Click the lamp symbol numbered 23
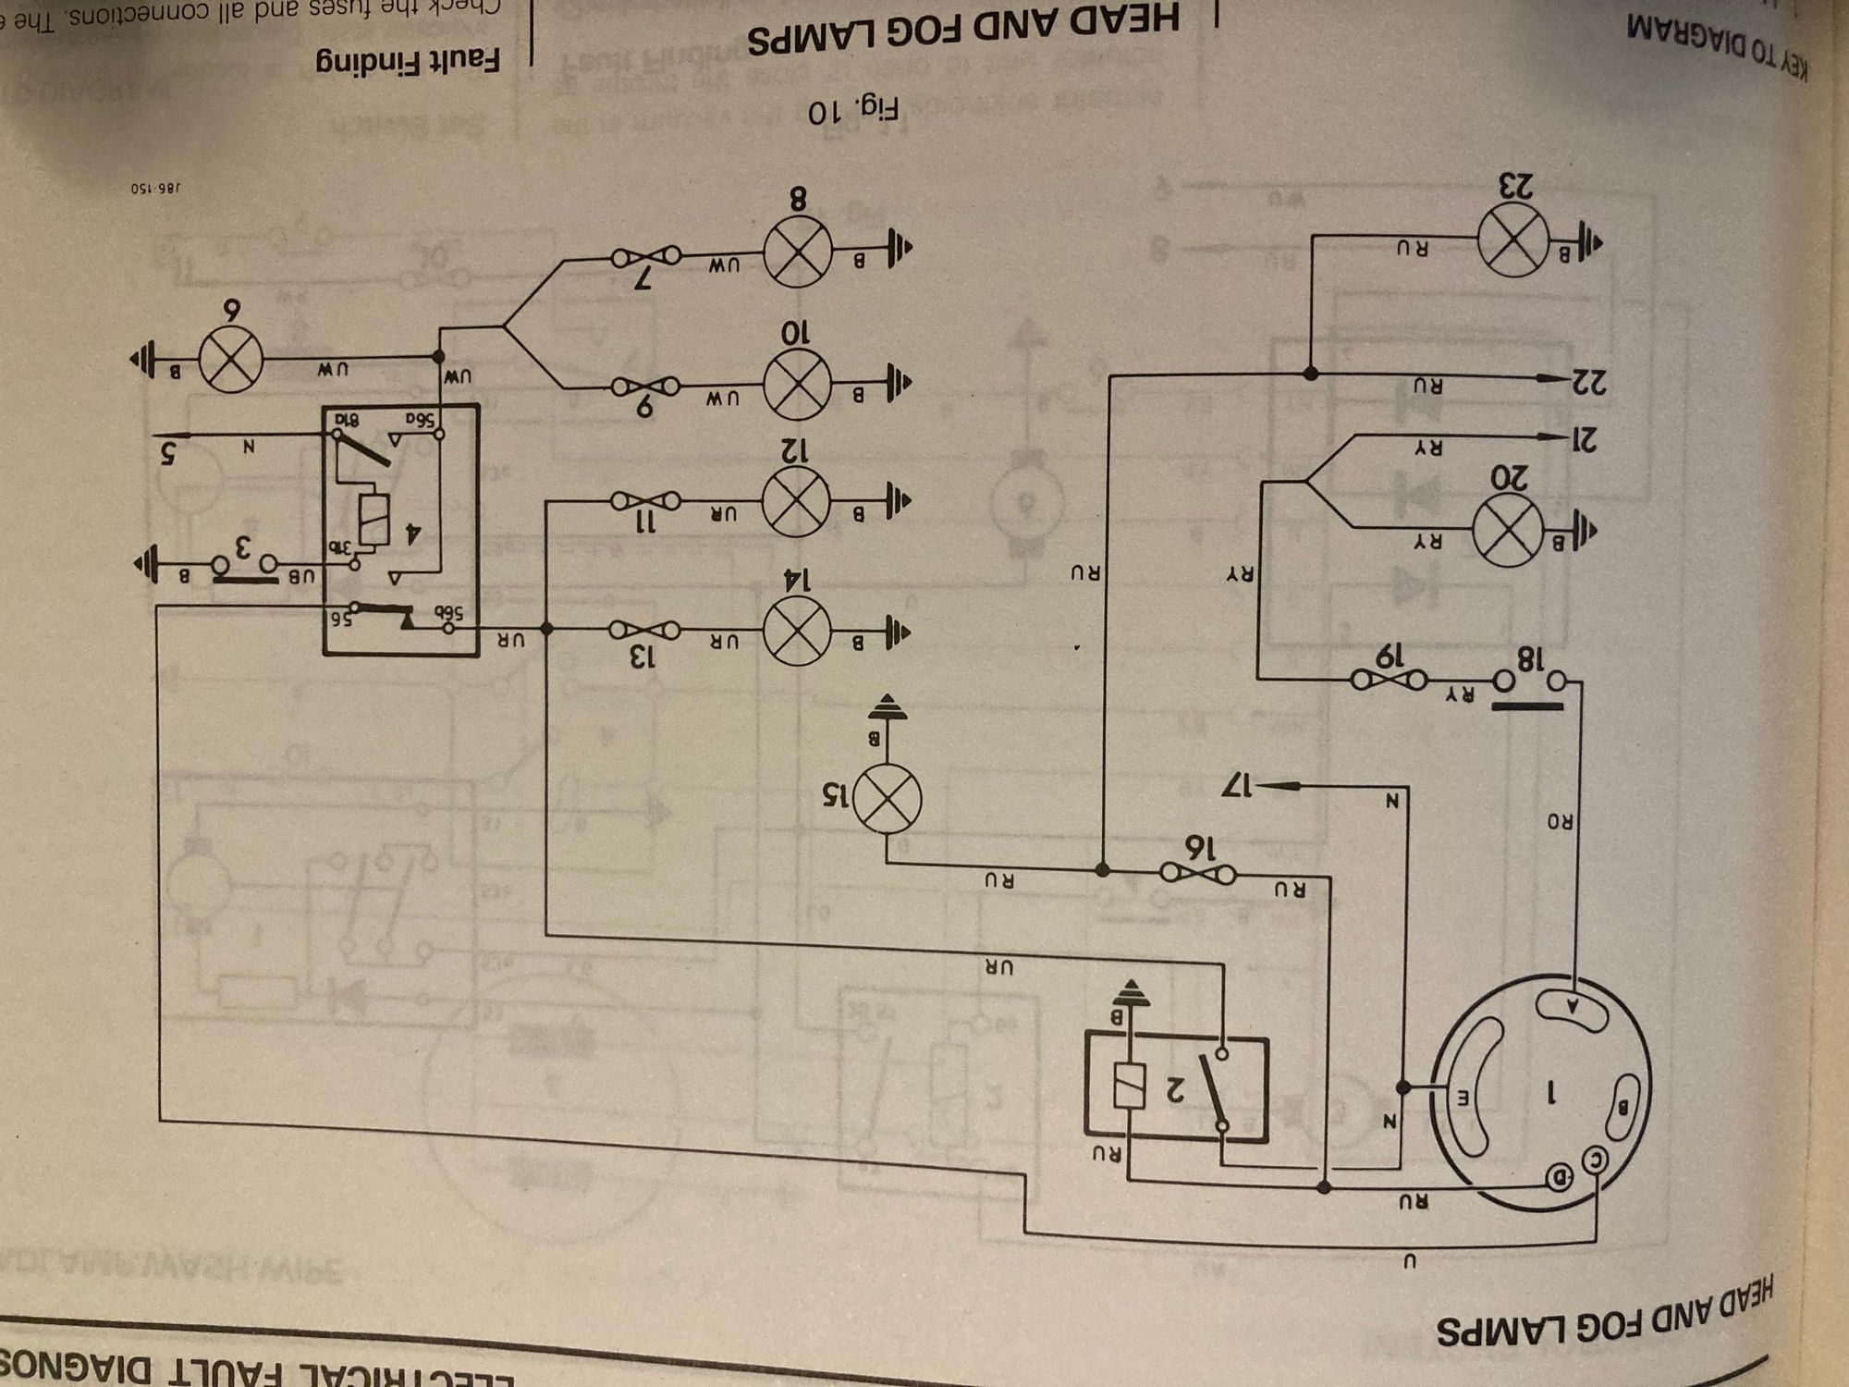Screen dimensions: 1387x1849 pyautogui.click(x=1513, y=239)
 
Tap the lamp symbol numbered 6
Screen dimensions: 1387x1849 pyautogui.click(x=229, y=358)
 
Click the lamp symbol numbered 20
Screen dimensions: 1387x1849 pyautogui.click(x=1507, y=532)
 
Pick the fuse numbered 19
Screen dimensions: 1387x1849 pyautogui.click(x=1388, y=681)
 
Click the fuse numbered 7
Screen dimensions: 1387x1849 pyautogui.click(x=645, y=254)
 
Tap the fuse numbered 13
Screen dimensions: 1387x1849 pyautogui.click(x=644, y=631)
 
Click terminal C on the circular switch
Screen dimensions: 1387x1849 pyautogui.click(x=1597, y=1160)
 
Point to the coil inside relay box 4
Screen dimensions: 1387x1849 pyautogui.click(x=374, y=521)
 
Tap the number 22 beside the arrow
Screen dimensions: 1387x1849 pyautogui.click(x=1588, y=381)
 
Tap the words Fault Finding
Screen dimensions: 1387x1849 pyautogui.click(x=408, y=62)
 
